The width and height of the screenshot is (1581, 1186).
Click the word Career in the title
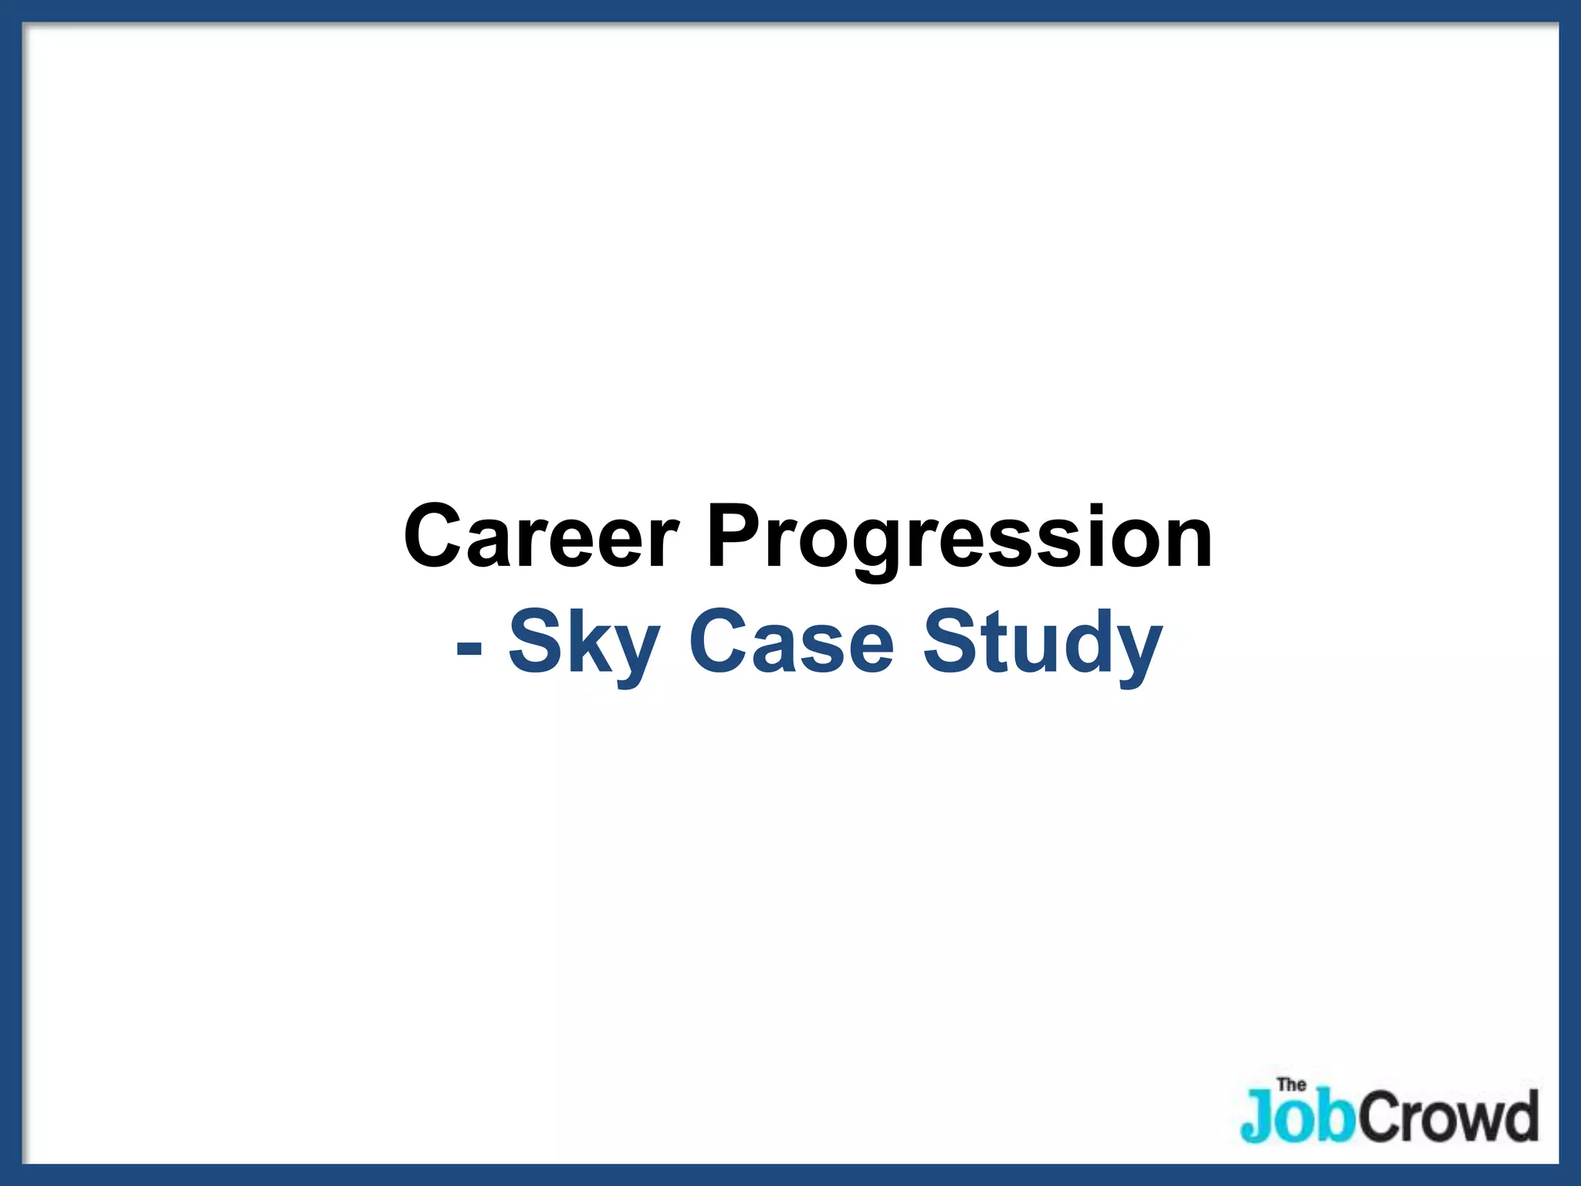pyautogui.click(x=541, y=536)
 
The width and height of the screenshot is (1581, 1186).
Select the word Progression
pyautogui.click(x=960, y=536)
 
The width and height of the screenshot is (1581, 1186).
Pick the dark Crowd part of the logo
pyautogui.click(x=1448, y=1116)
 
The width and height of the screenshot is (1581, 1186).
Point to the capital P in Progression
pyautogui.click(x=736, y=536)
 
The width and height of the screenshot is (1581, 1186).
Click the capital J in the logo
pyautogui.click(x=1257, y=1116)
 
